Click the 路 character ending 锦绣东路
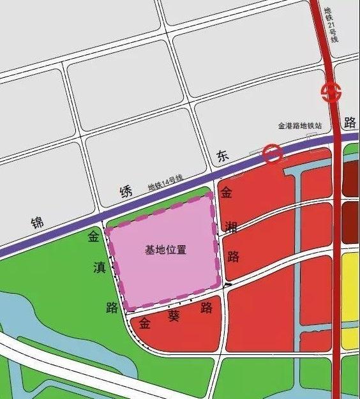pos(349,121)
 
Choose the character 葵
pos(174,315)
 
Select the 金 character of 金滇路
pos(94,238)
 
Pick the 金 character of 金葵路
pos(144,323)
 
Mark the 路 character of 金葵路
pos(206,308)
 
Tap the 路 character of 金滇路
pos(112,307)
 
